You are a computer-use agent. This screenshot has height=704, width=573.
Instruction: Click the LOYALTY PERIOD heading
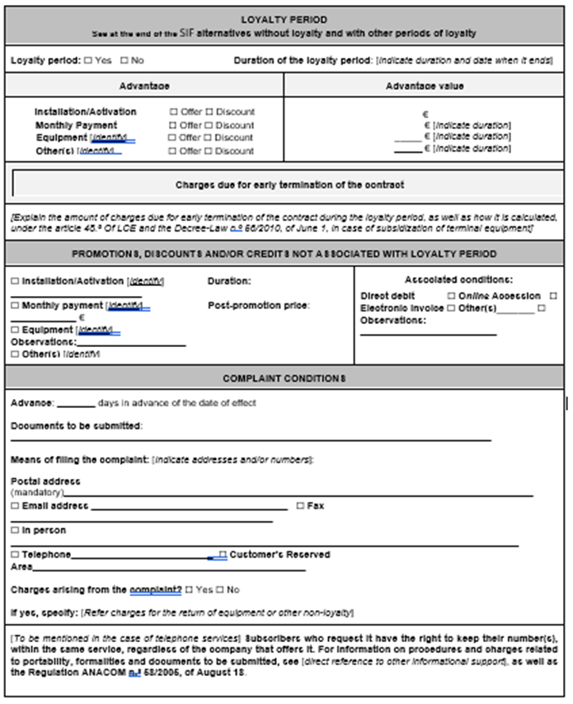coord(284,19)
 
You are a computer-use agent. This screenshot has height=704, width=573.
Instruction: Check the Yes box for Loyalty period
coord(88,60)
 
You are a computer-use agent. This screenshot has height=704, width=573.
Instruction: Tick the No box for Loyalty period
coord(124,60)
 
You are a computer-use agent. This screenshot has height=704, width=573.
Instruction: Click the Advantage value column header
coord(425,86)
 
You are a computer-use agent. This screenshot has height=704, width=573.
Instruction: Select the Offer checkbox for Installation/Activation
coord(174,111)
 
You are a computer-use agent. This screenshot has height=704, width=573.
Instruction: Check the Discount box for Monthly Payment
coord(209,124)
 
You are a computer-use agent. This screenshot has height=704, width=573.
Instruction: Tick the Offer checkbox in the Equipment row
coord(174,138)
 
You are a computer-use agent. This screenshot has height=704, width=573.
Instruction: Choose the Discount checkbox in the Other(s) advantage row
coord(209,151)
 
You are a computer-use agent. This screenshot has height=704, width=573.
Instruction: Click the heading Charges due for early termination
coord(289,185)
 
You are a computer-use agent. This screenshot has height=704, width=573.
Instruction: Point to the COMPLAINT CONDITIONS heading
coord(284,378)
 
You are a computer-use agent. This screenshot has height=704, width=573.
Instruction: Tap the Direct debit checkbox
coord(451,295)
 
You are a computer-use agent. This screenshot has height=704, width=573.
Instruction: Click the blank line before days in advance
coord(76,404)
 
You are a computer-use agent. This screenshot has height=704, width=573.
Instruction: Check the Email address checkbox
coord(15,505)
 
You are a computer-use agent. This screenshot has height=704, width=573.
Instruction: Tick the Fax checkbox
coord(300,505)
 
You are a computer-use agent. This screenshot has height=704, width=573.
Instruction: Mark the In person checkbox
coord(15,530)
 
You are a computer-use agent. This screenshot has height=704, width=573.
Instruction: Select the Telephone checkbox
coord(15,555)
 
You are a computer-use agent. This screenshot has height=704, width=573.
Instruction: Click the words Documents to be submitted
coord(76,426)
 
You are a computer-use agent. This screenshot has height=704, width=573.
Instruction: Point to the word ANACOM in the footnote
coord(93,672)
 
